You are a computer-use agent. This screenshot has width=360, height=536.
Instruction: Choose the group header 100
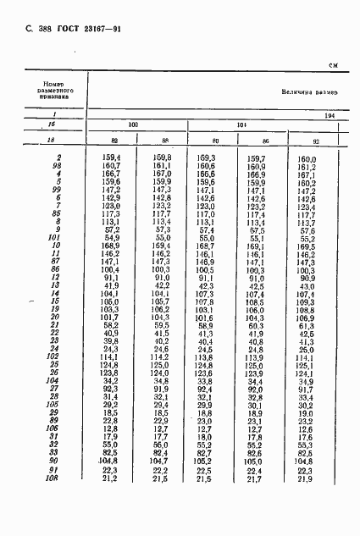point(132,124)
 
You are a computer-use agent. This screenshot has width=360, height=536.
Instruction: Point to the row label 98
point(57,167)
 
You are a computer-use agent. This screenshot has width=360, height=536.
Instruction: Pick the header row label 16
point(53,124)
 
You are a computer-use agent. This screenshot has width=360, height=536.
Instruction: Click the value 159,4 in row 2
point(111,158)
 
